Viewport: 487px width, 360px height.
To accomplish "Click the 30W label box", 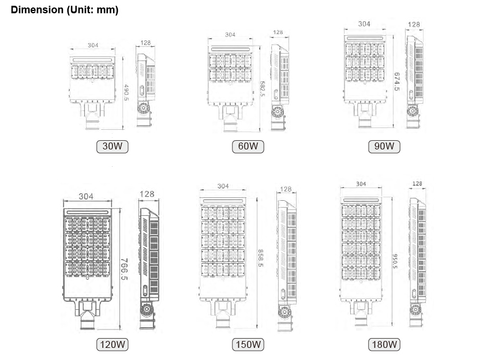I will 112,147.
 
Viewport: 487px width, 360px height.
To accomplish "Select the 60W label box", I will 248,147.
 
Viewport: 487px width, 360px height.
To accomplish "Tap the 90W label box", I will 384,147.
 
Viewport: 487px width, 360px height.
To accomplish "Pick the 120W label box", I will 112,345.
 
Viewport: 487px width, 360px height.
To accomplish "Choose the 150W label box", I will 248,345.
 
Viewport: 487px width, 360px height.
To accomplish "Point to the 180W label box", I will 385,345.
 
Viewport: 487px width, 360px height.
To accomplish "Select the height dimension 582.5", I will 263,89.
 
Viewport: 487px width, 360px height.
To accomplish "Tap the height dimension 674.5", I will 397,81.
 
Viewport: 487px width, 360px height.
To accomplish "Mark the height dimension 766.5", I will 123,270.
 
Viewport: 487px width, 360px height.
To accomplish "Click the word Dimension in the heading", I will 35,10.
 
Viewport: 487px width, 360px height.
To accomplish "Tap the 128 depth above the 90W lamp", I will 414,25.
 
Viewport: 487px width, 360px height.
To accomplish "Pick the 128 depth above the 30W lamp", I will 144,43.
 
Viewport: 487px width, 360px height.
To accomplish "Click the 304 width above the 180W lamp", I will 361,184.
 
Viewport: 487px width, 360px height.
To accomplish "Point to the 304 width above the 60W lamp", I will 230,35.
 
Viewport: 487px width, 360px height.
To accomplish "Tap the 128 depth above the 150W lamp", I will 286,189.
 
